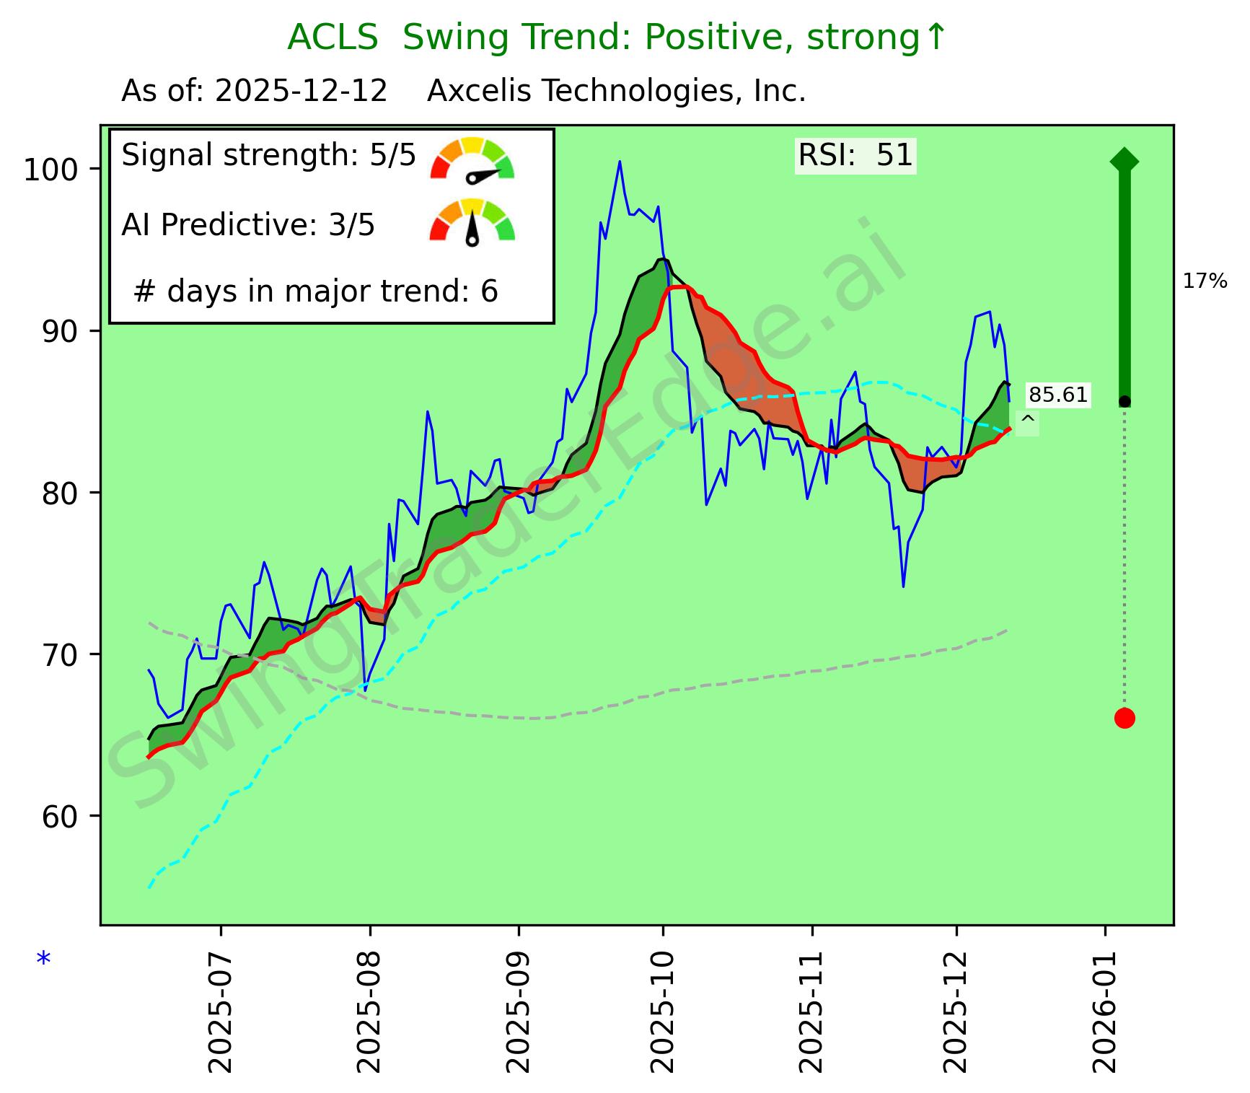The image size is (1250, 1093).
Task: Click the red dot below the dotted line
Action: click(1124, 718)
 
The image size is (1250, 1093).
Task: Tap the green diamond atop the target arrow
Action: click(1124, 160)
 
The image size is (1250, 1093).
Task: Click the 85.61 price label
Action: click(1057, 395)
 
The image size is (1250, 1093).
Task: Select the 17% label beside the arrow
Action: click(1205, 281)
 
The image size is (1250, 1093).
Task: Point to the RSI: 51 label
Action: click(855, 156)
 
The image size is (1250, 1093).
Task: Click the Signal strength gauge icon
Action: click(472, 159)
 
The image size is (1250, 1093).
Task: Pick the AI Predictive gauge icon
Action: click(472, 221)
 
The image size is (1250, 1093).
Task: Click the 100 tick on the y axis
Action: click(54, 170)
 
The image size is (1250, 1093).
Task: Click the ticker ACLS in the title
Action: click(333, 38)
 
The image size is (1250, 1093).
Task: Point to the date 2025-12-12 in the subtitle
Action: click(302, 92)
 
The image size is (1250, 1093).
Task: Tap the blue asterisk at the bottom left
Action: click(44, 960)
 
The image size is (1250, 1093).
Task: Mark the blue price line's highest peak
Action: click(620, 162)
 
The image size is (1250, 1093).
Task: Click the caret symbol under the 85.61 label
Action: click(1028, 420)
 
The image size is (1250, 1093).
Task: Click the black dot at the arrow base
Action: click(1124, 401)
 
